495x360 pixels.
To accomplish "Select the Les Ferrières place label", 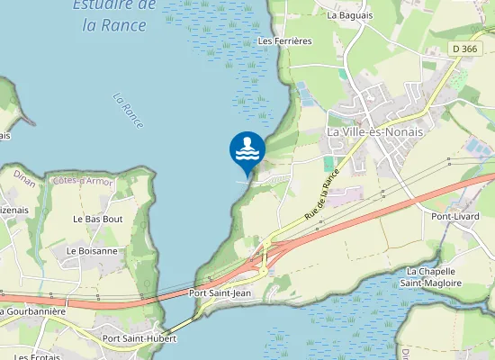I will (x=284, y=41).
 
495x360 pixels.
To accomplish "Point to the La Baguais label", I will (x=350, y=15).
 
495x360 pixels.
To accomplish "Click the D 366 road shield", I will (x=464, y=49).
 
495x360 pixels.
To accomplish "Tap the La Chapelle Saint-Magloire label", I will (x=434, y=277).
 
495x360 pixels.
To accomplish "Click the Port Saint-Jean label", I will (x=220, y=293).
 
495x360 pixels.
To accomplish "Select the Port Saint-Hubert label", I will (x=139, y=339).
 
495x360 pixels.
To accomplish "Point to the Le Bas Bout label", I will (x=97, y=219).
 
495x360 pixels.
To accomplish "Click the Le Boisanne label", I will (x=92, y=251).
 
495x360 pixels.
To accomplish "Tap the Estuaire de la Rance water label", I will (x=114, y=15).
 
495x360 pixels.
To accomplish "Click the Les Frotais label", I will (x=36, y=356).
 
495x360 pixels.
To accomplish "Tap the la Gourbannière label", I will (x=32, y=311).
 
